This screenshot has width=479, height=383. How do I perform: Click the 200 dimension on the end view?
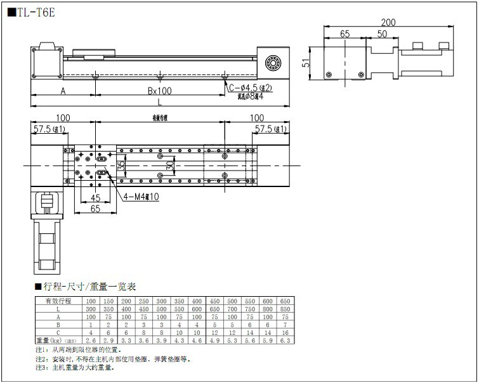388,22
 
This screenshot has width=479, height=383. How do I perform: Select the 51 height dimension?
305,63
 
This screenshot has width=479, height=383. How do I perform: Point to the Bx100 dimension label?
160,91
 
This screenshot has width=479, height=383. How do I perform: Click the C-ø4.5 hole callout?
250,88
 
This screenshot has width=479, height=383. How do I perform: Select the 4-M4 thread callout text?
141,197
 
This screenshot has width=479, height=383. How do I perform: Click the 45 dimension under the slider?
96,197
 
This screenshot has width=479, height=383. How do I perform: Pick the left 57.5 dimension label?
49,129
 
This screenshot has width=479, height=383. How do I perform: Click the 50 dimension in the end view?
383,34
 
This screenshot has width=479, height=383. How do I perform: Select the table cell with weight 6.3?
285,340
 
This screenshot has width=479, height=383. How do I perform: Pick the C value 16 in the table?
285,332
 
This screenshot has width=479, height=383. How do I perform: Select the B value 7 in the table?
285,324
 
